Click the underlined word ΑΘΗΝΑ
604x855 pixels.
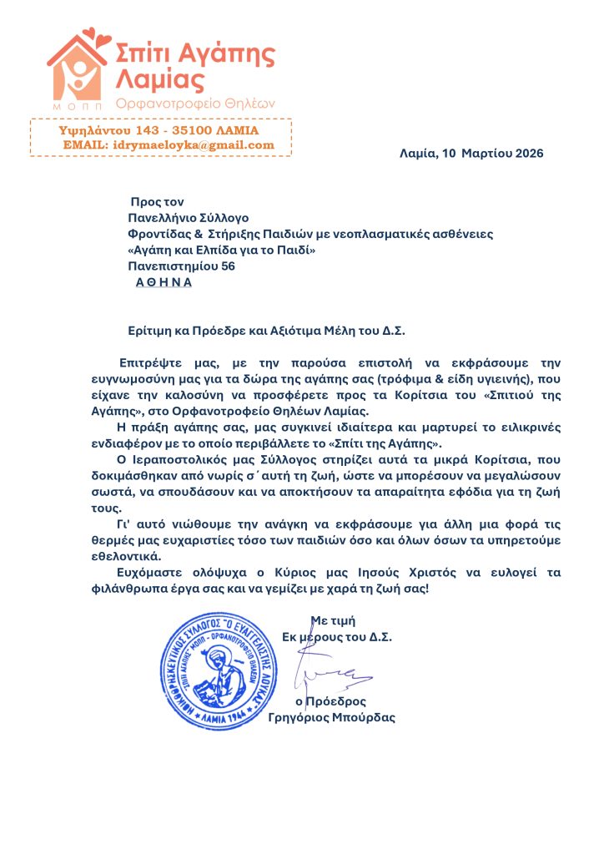click(x=164, y=282)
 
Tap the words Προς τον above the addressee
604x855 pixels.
click(x=157, y=202)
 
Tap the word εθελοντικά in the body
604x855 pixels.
click(x=148, y=555)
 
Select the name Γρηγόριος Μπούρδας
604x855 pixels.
click(x=333, y=717)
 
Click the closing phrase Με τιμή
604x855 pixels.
click(x=334, y=620)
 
